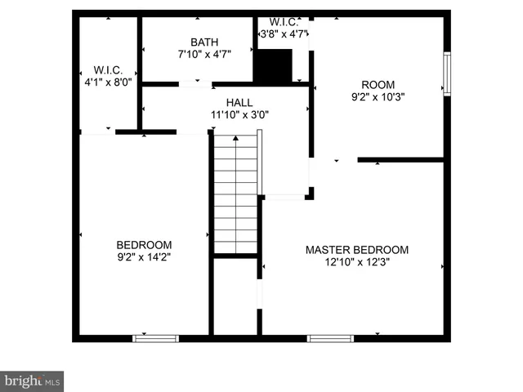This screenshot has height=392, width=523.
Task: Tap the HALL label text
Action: pyautogui.click(x=239, y=102)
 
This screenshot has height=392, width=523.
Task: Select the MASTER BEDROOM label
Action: pyautogui.click(x=357, y=250)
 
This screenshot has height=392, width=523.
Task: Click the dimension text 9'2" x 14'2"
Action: pyautogui.click(x=144, y=256)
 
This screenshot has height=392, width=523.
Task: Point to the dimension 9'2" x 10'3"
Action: pyautogui.click(x=378, y=96)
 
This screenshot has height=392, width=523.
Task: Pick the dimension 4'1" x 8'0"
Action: pyautogui.click(x=108, y=82)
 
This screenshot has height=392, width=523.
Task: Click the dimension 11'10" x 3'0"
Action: pyautogui.click(x=239, y=114)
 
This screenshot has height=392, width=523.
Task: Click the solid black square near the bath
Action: pyautogui.click(x=273, y=65)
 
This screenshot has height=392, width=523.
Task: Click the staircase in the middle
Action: pyautogui.click(x=236, y=196)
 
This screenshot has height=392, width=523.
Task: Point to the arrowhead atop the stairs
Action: pyautogui.click(x=236, y=138)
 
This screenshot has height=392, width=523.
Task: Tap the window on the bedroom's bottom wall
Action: pyautogui.click(x=155, y=336)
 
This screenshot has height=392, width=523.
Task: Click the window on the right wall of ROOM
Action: pyautogui.click(x=447, y=73)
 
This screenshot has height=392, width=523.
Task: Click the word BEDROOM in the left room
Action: pyautogui.click(x=144, y=244)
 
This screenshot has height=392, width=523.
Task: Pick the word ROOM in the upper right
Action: pyautogui.click(x=378, y=84)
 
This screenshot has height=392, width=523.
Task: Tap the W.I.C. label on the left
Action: pyautogui.click(x=108, y=69)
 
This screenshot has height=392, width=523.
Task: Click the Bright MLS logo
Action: pyautogui.click(x=32, y=381)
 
